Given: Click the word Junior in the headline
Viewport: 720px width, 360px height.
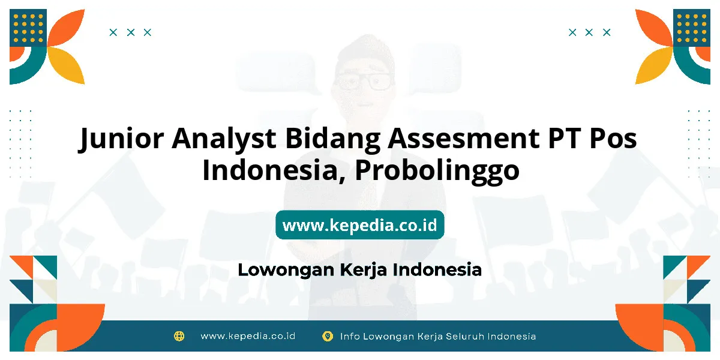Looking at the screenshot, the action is pos(121,139).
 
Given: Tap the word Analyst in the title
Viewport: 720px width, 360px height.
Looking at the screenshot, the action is pos(224,139).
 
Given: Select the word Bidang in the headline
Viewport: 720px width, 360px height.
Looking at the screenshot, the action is pos(332,139).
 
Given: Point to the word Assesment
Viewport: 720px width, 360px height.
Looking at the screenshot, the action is pos(463,138).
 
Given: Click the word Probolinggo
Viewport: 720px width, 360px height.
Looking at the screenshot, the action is pos(437,170).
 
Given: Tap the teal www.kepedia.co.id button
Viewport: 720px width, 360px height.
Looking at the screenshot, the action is pos(359,224).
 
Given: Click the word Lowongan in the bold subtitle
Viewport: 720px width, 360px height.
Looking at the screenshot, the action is pos(287,270).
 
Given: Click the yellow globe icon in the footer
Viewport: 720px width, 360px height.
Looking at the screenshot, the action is pos(179,336).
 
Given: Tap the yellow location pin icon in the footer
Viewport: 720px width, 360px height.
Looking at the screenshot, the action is pos(327,336).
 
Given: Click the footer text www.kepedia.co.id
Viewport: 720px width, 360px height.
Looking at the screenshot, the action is pos(248,336).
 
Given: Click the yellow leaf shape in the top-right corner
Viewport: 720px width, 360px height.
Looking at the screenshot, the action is pos(654,65).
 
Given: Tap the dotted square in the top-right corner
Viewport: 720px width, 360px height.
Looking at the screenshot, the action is pos(692,28).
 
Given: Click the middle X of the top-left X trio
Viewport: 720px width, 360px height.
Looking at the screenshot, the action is pos(131,32).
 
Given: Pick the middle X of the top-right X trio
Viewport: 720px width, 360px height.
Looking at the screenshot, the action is pos(589,32).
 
